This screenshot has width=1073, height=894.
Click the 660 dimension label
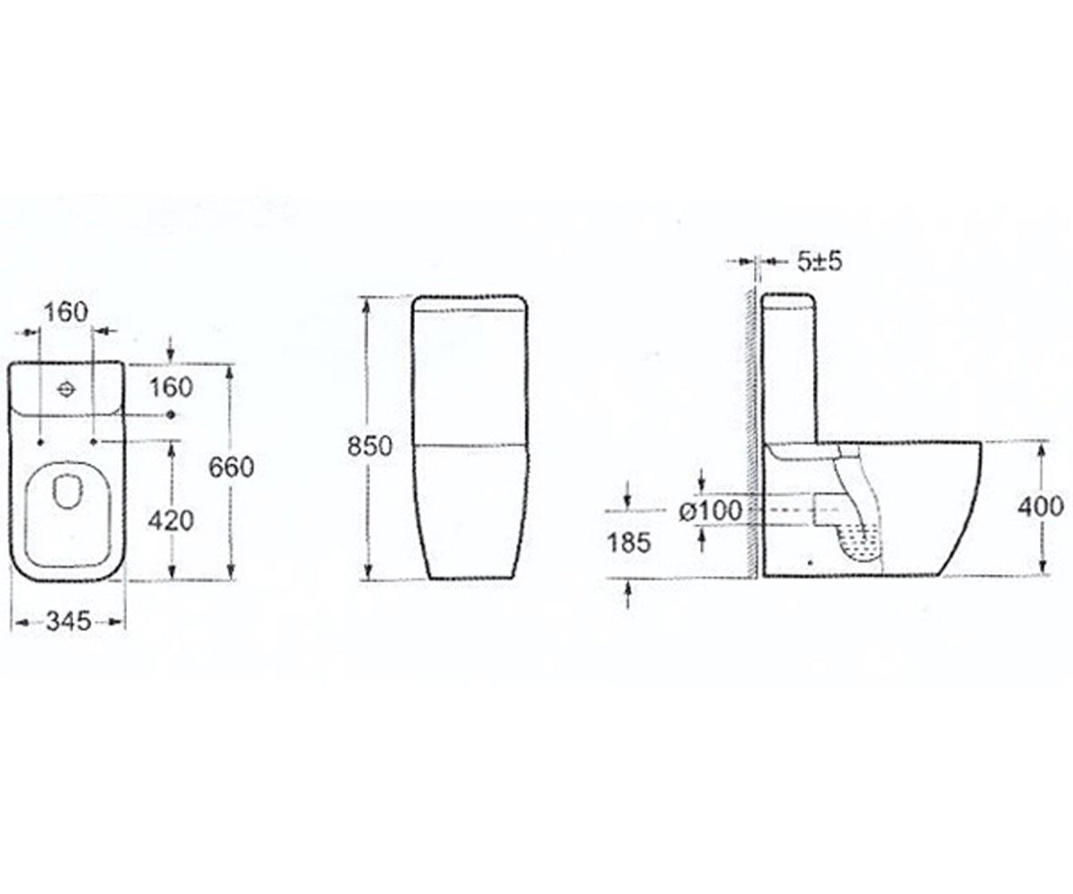tap(232, 468)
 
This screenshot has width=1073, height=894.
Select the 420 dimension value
tap(171, 521)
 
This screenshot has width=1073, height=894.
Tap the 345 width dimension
tap(68, 622)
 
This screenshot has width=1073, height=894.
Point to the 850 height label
tap(369, 446)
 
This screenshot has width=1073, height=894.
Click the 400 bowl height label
tap(1041, 507)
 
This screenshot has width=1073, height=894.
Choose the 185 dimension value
tap(629, 543)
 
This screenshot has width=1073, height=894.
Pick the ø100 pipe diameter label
tap(711, 511)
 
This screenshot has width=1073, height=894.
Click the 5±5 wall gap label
tap(820, 262)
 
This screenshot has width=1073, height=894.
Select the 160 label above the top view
tap(66, 312)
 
